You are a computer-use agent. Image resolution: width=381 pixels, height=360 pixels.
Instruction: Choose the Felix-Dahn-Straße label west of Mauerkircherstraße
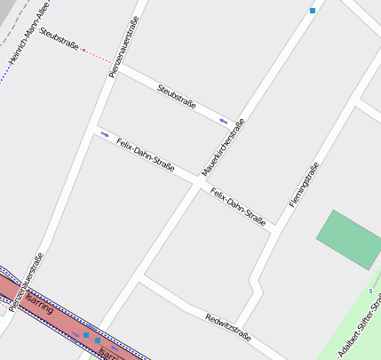pos(145,155)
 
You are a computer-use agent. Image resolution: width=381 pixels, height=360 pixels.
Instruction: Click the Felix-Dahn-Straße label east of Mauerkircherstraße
pos(238,205)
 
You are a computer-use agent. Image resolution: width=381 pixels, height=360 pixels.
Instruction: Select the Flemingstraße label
pos(304,186)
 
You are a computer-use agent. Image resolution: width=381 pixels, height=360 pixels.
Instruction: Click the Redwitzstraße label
pos(227,327)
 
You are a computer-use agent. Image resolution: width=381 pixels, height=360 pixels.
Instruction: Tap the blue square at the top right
pos(312,11)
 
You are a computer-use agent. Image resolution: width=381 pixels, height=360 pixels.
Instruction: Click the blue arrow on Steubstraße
pos(224,120)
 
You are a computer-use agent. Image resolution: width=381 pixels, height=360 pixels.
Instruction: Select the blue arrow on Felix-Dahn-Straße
pos(106,134)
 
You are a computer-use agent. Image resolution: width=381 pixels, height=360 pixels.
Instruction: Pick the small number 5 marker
pos(370,291)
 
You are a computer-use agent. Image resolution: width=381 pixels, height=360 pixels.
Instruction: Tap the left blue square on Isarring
pos(85,335)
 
